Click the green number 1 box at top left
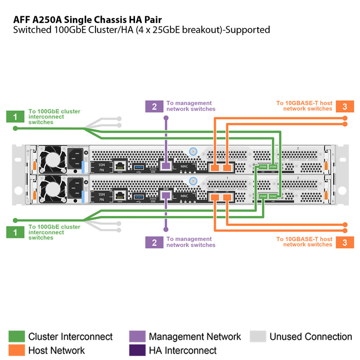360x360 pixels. (15, 117)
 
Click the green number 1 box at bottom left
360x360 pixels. (15, 232)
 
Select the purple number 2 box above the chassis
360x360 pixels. (154, 106)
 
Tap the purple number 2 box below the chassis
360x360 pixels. (154, 242)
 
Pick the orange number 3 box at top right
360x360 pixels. (345, 106)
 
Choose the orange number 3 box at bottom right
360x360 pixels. (345, 242)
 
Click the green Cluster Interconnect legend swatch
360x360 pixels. (16, 337)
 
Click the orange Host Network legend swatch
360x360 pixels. (16, 350)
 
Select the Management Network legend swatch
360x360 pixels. (137, 337)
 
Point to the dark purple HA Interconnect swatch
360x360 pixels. (137, 350)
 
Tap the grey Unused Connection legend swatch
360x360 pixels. (257, 337)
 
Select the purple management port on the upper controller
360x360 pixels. (166, 166)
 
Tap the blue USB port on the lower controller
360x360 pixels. (138, 196)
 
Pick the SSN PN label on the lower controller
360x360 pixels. (102, 196)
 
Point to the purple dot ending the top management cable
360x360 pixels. (166, 118)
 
